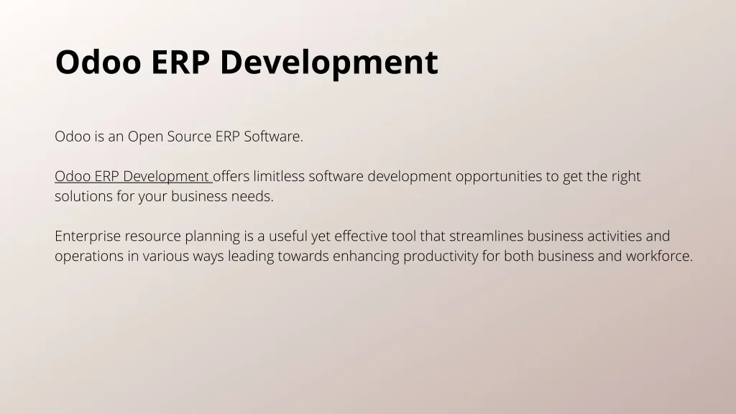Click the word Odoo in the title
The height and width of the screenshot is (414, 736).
(x=98, y=62)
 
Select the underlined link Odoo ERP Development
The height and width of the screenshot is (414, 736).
(x=134, y=176)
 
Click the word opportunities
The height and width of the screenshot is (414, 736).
(x=499, y=177)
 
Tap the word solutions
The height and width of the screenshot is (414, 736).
(x=83, y=196)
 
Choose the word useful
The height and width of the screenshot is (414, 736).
(x=287, y=236)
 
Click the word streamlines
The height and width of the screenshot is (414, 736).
(x=487, y=236)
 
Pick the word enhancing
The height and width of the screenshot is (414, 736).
(x=366, y=257)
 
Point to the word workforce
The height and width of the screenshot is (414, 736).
(x=660, y=256)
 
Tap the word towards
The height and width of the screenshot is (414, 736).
(x=303, y=256)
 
